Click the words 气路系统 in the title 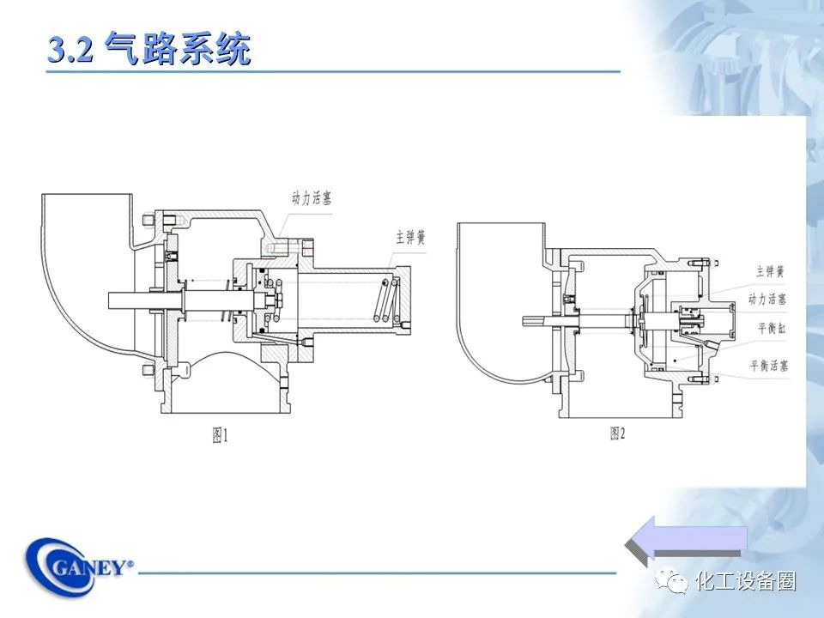pos(178,49)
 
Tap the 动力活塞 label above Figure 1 pos(311,198)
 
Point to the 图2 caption pos(618,434)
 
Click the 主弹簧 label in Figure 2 pos(770,271)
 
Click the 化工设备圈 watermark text pos(746,582)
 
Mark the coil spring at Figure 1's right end pos(389,300)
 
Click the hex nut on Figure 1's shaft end pos(276,300)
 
